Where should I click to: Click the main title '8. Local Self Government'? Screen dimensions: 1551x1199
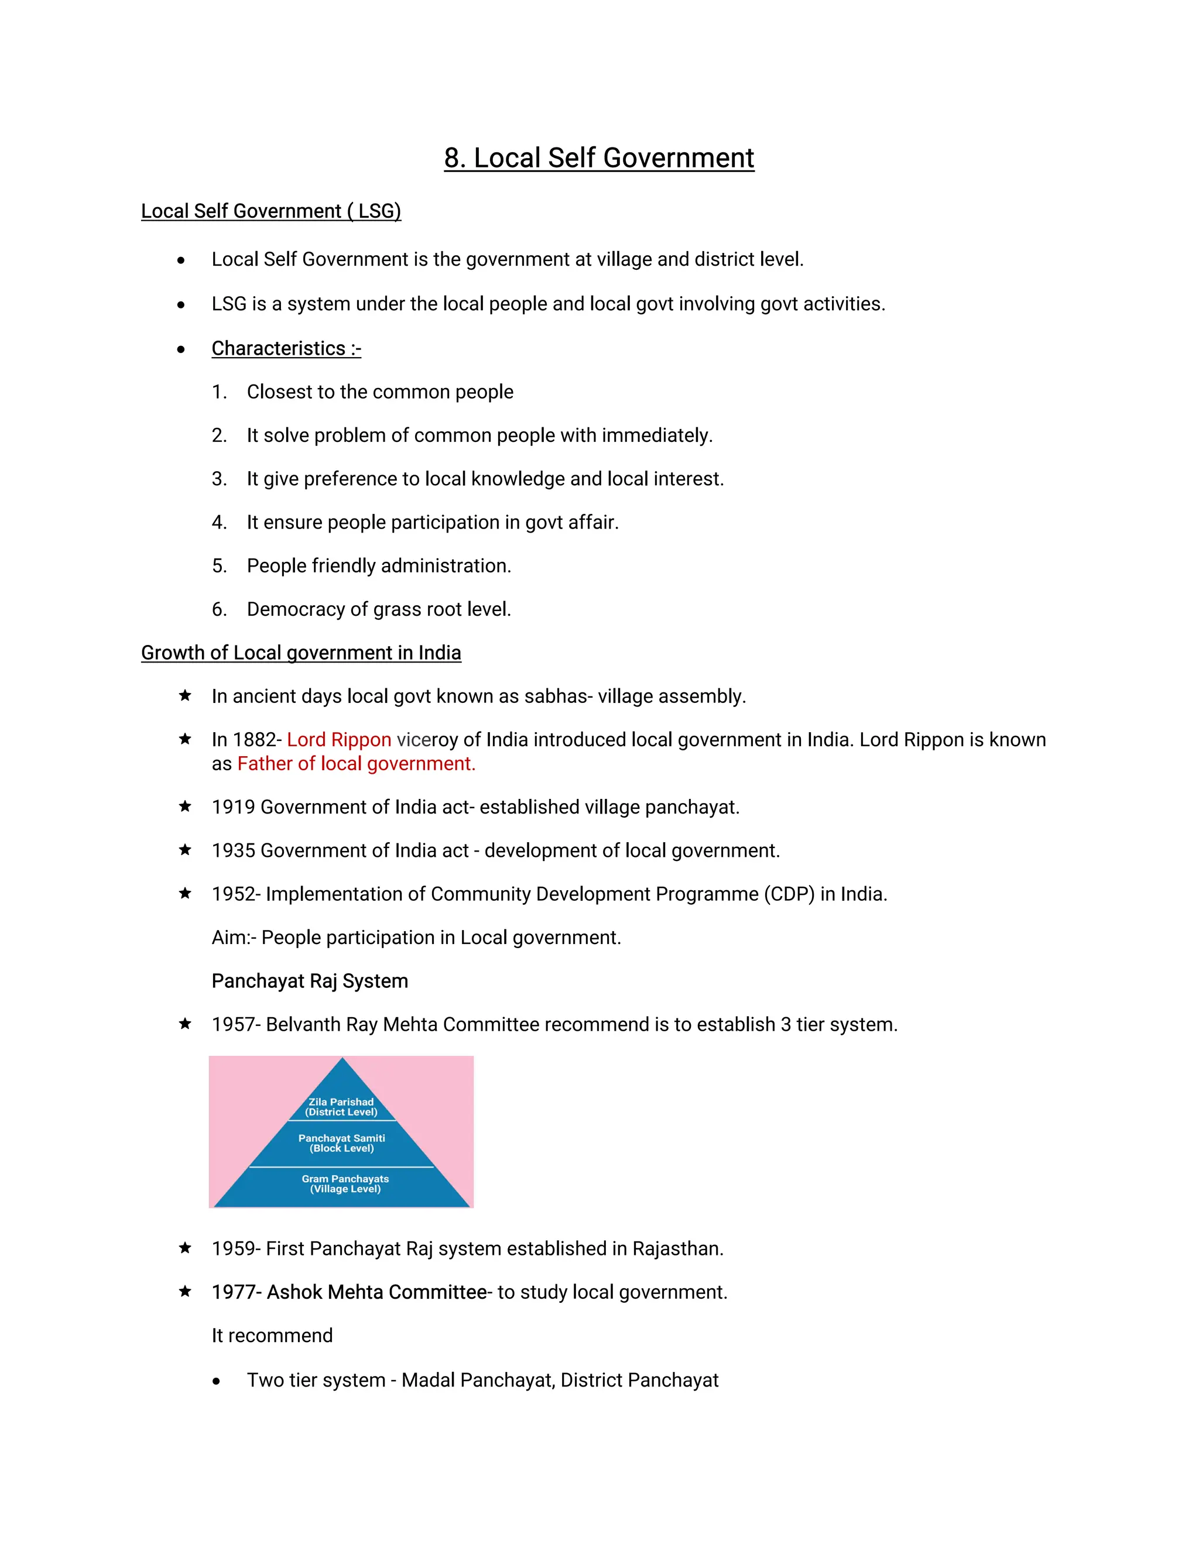tap(599, 157)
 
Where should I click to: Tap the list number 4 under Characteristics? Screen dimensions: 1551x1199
tap(219, 523)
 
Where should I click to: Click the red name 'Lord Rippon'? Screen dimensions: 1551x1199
tap(339, 740)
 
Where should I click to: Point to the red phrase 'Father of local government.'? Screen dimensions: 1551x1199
tap(356, 764)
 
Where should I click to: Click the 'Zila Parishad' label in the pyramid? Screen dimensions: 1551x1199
tap(341, 1102)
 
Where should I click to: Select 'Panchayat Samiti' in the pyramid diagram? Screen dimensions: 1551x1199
tap(342, 1138)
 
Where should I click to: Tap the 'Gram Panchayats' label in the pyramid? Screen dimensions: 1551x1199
tap(345, 1179)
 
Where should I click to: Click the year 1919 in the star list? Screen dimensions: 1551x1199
tap(233, 808)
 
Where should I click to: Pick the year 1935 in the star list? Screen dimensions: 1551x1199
tap(233, 851)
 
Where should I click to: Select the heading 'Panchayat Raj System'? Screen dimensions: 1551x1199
tap(310, 982)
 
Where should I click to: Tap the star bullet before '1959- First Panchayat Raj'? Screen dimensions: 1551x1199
tap(184, 1248)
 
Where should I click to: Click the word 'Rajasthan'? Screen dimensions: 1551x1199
tap(676, 1249)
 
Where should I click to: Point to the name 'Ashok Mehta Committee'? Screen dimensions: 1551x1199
tap(376, 1292)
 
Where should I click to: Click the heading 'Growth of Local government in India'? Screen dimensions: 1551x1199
tap(300, 653)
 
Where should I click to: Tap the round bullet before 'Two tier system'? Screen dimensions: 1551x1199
tap(216, 1381)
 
